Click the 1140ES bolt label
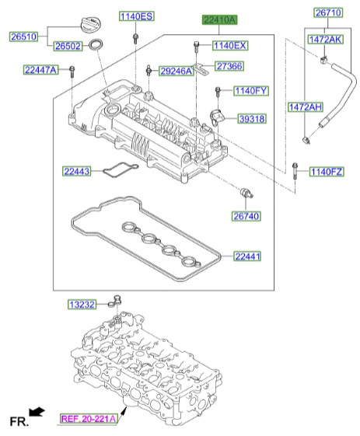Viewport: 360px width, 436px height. click(136, 16)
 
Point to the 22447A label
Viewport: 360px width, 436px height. click(40, 70)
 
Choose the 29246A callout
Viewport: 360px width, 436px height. click(176, 71)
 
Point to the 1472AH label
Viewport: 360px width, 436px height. click(305, 106)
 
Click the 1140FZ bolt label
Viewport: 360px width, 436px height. click(325, 171)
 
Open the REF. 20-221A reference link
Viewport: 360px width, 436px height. click(89, 419)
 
